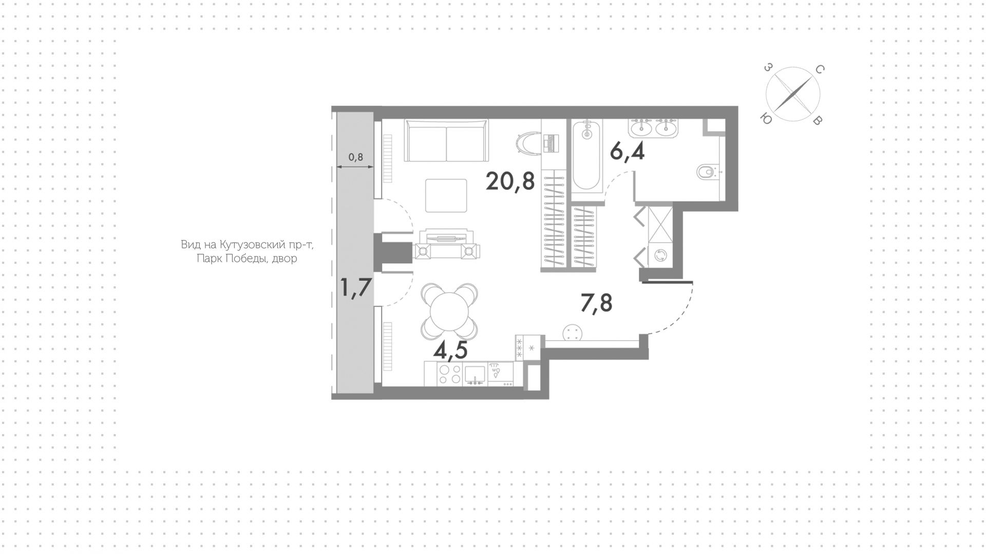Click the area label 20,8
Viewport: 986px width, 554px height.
coord(510,181)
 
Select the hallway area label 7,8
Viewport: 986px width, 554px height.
coord(596,304)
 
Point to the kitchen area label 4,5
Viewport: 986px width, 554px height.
coord(450,350)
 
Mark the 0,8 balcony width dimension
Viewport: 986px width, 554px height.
coord(355,157)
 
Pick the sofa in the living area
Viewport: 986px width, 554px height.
coord(446,140)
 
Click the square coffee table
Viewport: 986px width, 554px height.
coord(446,195)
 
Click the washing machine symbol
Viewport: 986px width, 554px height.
coord(660,255)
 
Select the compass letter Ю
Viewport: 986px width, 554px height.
coord(765,119)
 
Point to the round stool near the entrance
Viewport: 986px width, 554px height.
coord(572,333)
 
